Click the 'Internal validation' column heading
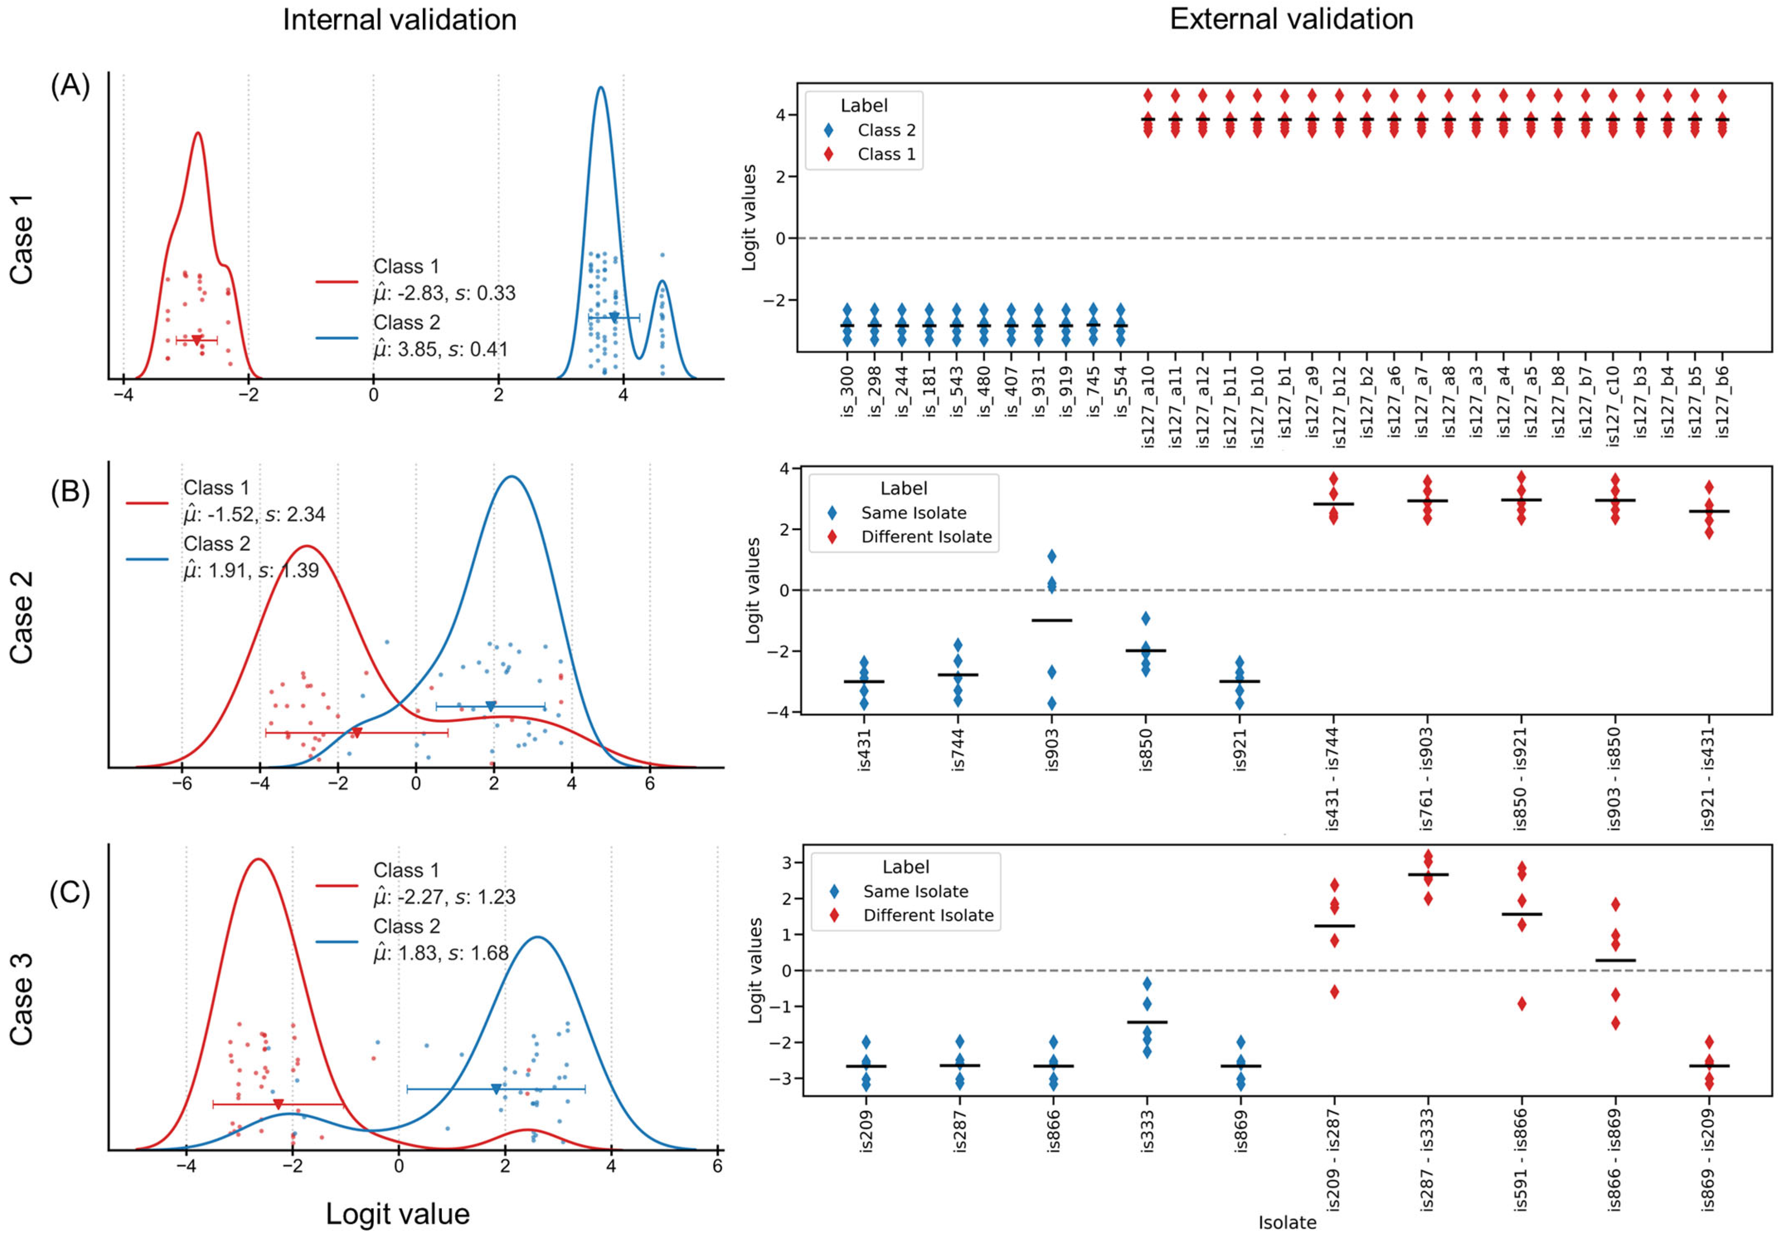click(x=399, y=19)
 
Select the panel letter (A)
click(x=70, y=85)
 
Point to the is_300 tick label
click(x=847, y=392)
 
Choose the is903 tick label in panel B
click(x=1052, y=750)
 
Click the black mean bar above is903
click(x=1052, y=620)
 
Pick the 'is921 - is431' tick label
click(x=1707, y=779)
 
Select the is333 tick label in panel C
click(x=1147, y=1132)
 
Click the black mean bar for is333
click(x=1147, y=1022)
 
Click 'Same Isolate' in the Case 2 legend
click(x=914, y=513)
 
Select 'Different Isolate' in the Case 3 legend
click(x=928, y=915)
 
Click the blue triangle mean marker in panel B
click(x=491, y=706)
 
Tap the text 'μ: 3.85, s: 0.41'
click(x=440, y=350)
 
